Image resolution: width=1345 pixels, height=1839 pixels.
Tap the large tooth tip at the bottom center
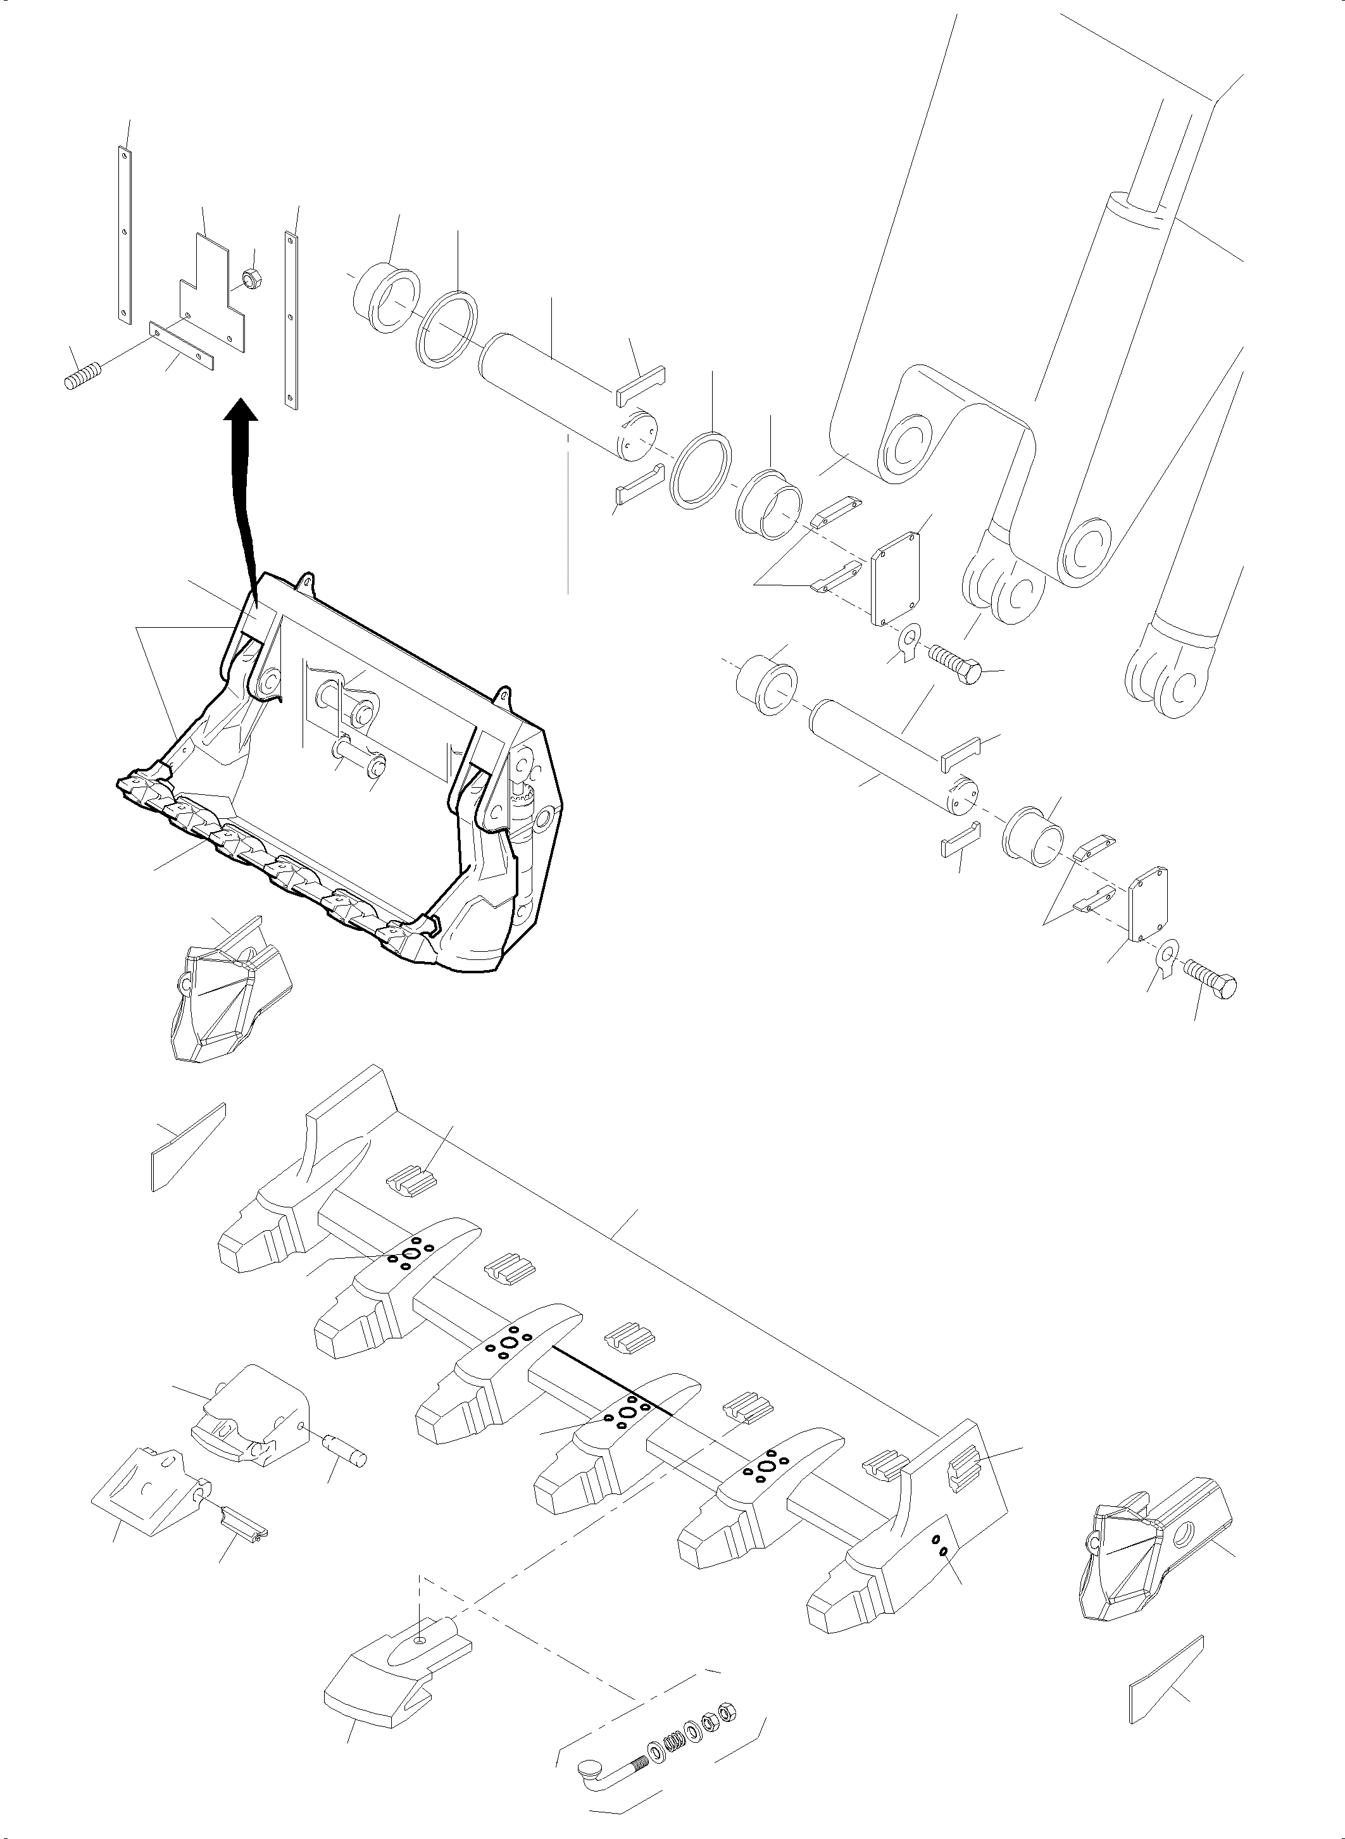click(391, 1665)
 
